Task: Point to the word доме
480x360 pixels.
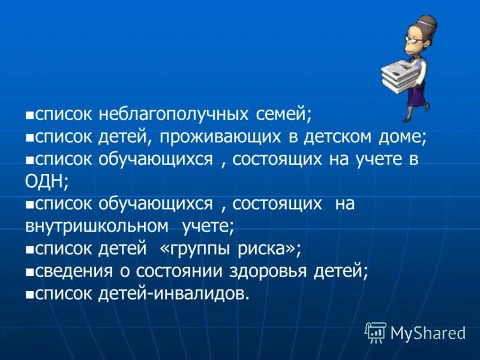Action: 406,137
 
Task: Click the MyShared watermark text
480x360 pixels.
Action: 428,332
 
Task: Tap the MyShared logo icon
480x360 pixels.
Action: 375,332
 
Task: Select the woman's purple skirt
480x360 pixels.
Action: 420,93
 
